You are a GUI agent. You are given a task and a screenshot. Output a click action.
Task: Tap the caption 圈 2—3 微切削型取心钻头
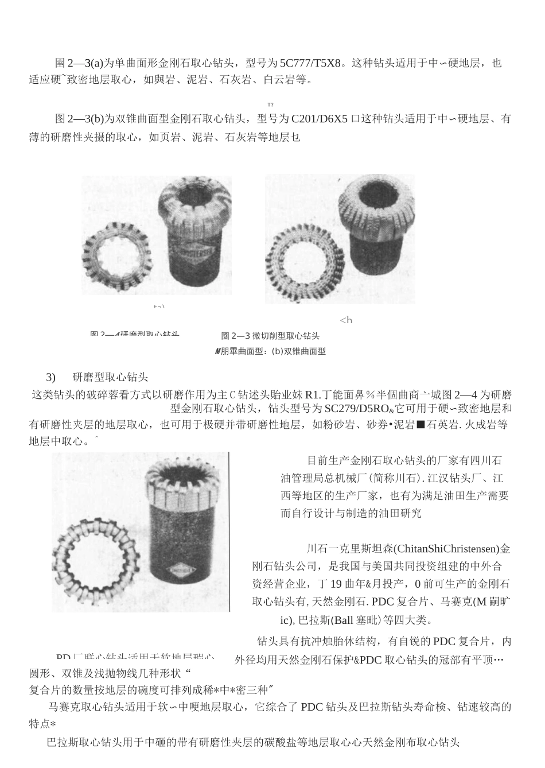(270, 336)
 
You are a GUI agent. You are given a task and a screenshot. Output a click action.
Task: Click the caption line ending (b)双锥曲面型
(270, 351)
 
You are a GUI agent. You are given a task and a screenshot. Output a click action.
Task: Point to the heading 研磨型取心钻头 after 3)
(111, 377)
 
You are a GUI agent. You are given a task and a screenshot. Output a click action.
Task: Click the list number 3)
(50, 377)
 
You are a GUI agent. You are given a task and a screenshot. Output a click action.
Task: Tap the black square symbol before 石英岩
(420, 425)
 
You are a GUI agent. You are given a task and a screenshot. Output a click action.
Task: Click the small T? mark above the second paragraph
(270, 104)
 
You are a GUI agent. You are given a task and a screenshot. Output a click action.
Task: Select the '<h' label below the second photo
(346, 320)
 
